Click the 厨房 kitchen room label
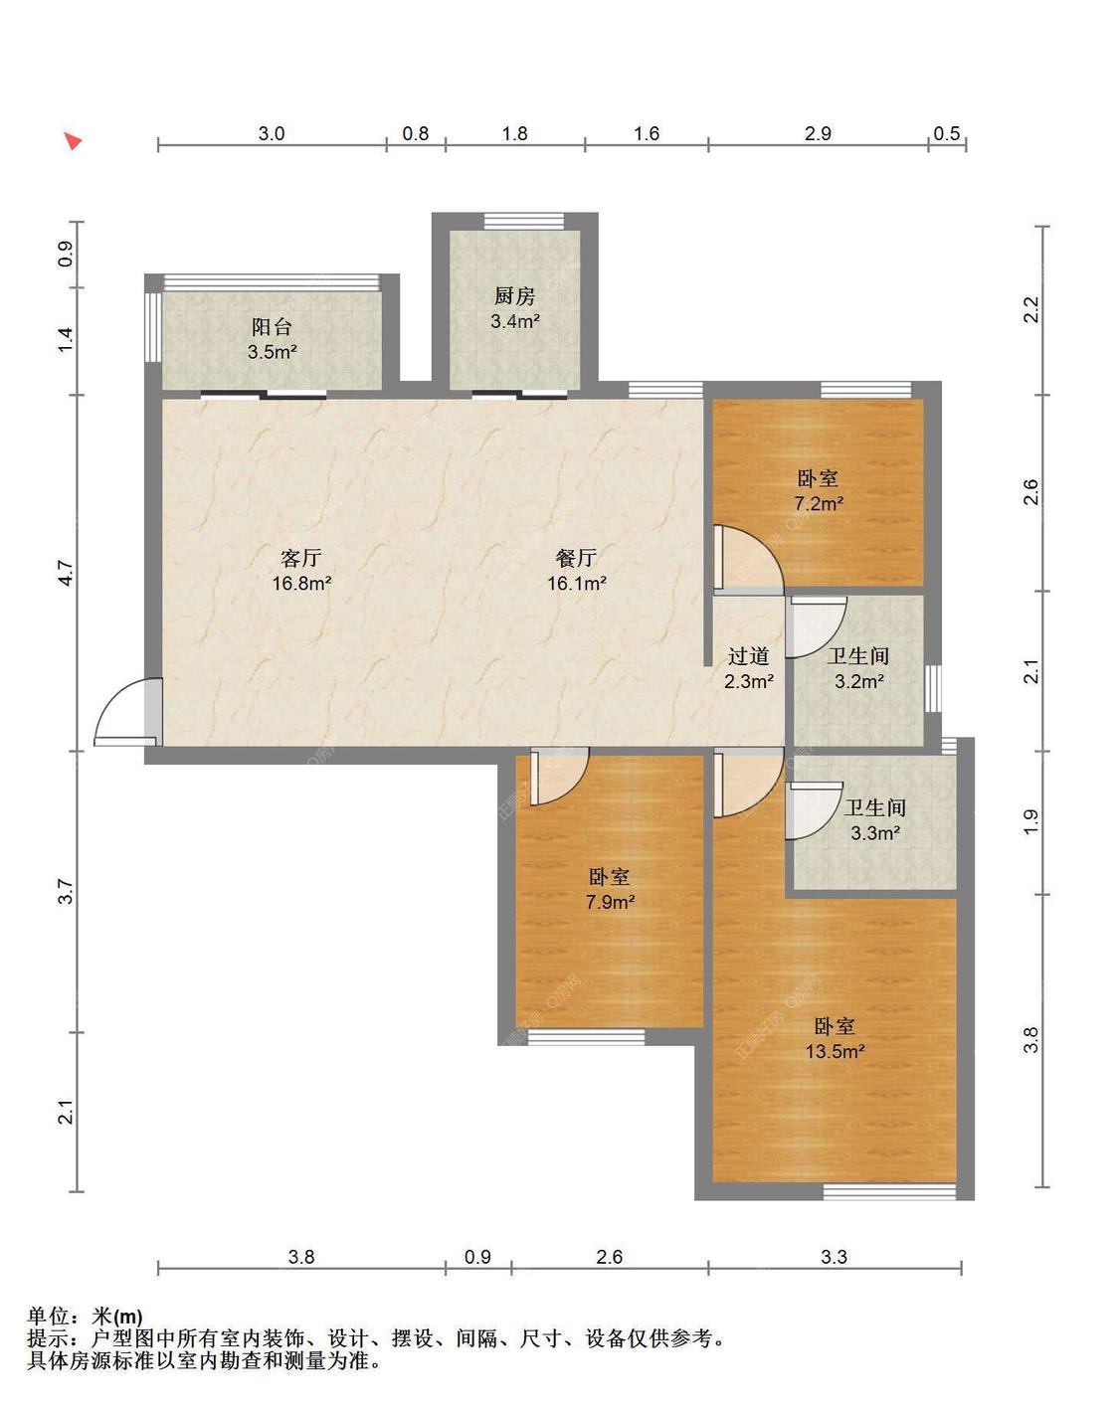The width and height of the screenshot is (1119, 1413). (514, 296)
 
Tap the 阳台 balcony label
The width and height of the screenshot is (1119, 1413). (272, 327)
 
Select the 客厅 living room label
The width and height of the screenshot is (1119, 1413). (300, 558)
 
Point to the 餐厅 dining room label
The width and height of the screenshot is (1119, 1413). (576, 558)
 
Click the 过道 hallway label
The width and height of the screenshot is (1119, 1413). (749, 656)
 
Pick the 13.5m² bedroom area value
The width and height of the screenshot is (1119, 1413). (835, 1052)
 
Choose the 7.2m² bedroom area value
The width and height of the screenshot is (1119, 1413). (819, 503)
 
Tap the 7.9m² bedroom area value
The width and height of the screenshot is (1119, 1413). (610, 902)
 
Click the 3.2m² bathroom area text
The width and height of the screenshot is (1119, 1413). (859, 681)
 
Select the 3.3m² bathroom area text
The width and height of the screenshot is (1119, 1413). (874, 833)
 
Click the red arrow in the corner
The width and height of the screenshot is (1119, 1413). (73, 140)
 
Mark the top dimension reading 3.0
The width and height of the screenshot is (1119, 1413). (272, 134)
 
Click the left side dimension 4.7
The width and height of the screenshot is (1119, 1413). (66, 573)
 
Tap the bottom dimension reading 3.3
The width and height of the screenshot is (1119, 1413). (834, 1257)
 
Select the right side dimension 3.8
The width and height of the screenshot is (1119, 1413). (1031, 1039)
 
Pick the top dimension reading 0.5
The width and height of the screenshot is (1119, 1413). (946, 134)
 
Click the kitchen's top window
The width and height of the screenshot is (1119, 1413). (523, 222)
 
